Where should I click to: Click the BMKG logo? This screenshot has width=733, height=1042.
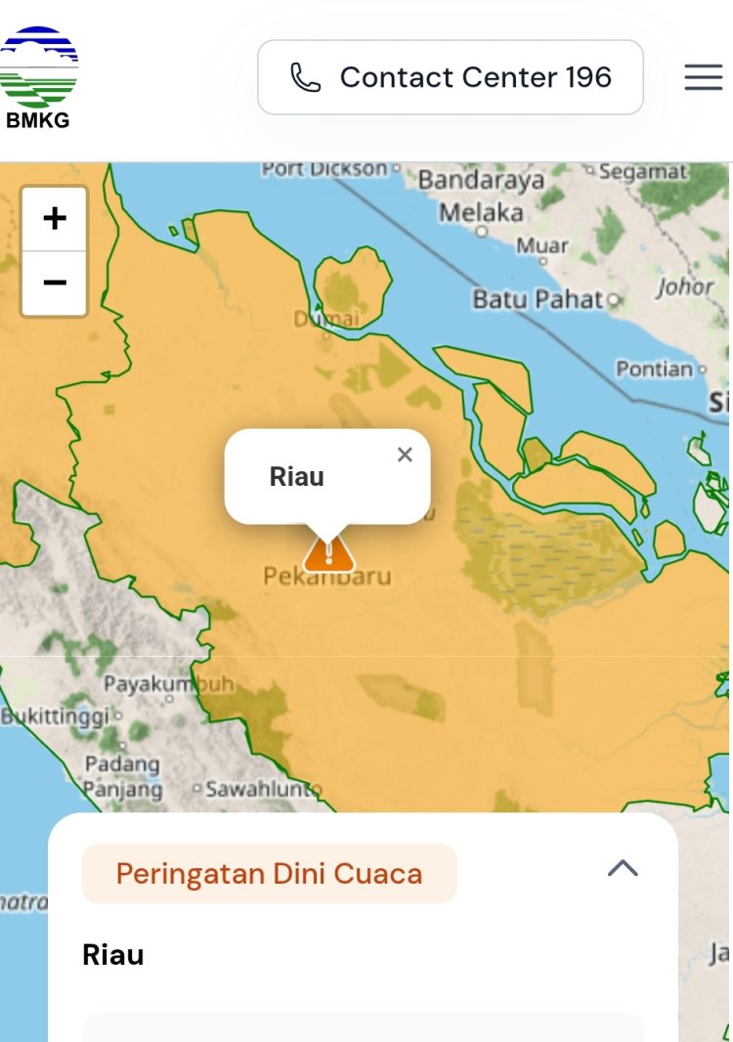tap(39, 78)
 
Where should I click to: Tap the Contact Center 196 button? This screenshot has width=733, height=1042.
tap(451, 77)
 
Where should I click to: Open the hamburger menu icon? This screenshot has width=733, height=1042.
tap(703, 77)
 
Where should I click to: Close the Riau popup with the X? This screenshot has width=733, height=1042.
tap(406, 455)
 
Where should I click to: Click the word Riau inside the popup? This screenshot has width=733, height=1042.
tap(297, 477)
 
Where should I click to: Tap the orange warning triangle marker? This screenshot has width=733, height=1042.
tap(328, 552)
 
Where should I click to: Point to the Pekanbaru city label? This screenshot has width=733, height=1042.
tap(327, 577)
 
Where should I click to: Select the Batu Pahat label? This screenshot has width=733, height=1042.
tap(538, 299)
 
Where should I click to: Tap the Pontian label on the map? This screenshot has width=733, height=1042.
tap(655, 369)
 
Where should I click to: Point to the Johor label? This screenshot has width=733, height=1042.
tap(685, 287)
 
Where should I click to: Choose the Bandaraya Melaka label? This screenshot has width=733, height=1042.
tap(482, 196)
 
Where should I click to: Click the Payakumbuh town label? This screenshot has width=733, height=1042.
tap(168, 683)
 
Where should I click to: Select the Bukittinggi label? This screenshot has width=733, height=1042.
tap(56, 716)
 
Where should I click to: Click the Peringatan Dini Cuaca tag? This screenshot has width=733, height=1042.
tap(269, 873)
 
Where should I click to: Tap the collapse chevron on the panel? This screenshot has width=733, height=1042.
tap(623, 868)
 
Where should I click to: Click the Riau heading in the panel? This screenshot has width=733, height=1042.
tap(113, 955)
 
